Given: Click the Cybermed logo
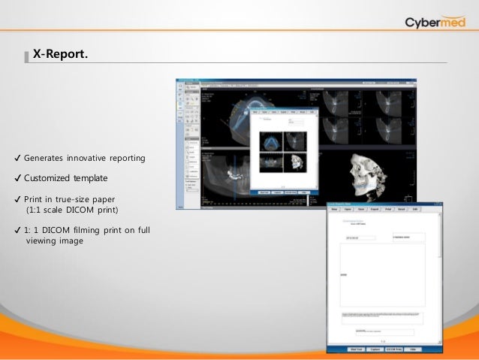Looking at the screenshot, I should click(x=434, y=22).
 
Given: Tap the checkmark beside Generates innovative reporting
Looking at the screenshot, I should click(x=17, y=159).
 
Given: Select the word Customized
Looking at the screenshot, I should click(x=50, y=178).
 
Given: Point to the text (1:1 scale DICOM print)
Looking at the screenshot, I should click(x=72, y=209).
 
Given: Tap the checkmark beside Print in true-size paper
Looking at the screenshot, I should click(x=17, y=199).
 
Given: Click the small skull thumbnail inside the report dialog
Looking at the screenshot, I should click(x=295, y=164).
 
